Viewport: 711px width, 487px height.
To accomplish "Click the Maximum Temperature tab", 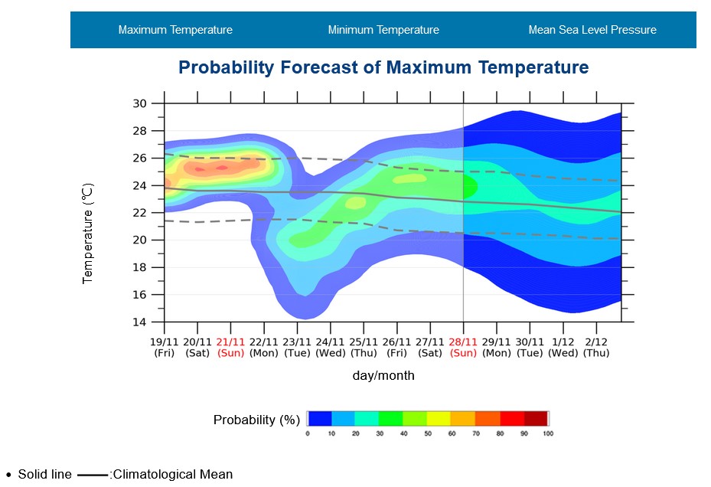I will point(175,30).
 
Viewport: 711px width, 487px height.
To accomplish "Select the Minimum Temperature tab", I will point(383,30).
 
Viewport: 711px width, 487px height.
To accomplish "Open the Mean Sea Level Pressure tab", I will point(592,30).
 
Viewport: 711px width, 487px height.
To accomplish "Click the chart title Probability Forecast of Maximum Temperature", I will point(383,67).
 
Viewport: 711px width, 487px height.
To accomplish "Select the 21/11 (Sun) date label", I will point(230,348).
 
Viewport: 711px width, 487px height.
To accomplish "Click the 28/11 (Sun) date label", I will point(463,348).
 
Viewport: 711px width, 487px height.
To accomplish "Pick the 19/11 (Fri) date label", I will point(164,348).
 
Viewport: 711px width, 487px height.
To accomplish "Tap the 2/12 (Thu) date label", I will point(596,348).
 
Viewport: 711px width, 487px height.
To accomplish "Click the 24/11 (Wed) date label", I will point(330,348).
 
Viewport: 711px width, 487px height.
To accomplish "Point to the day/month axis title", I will point(383,376).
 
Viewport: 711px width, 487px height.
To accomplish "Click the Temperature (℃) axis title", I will point(88,234).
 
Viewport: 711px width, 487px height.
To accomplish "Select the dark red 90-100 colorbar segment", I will point(537,418).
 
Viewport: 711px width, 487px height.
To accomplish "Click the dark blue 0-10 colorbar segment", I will point(320,418).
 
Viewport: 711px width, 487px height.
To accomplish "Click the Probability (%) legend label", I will point(256,420).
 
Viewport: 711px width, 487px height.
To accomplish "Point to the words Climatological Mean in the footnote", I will point(172,475).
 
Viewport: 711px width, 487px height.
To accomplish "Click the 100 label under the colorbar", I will point(547,434).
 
